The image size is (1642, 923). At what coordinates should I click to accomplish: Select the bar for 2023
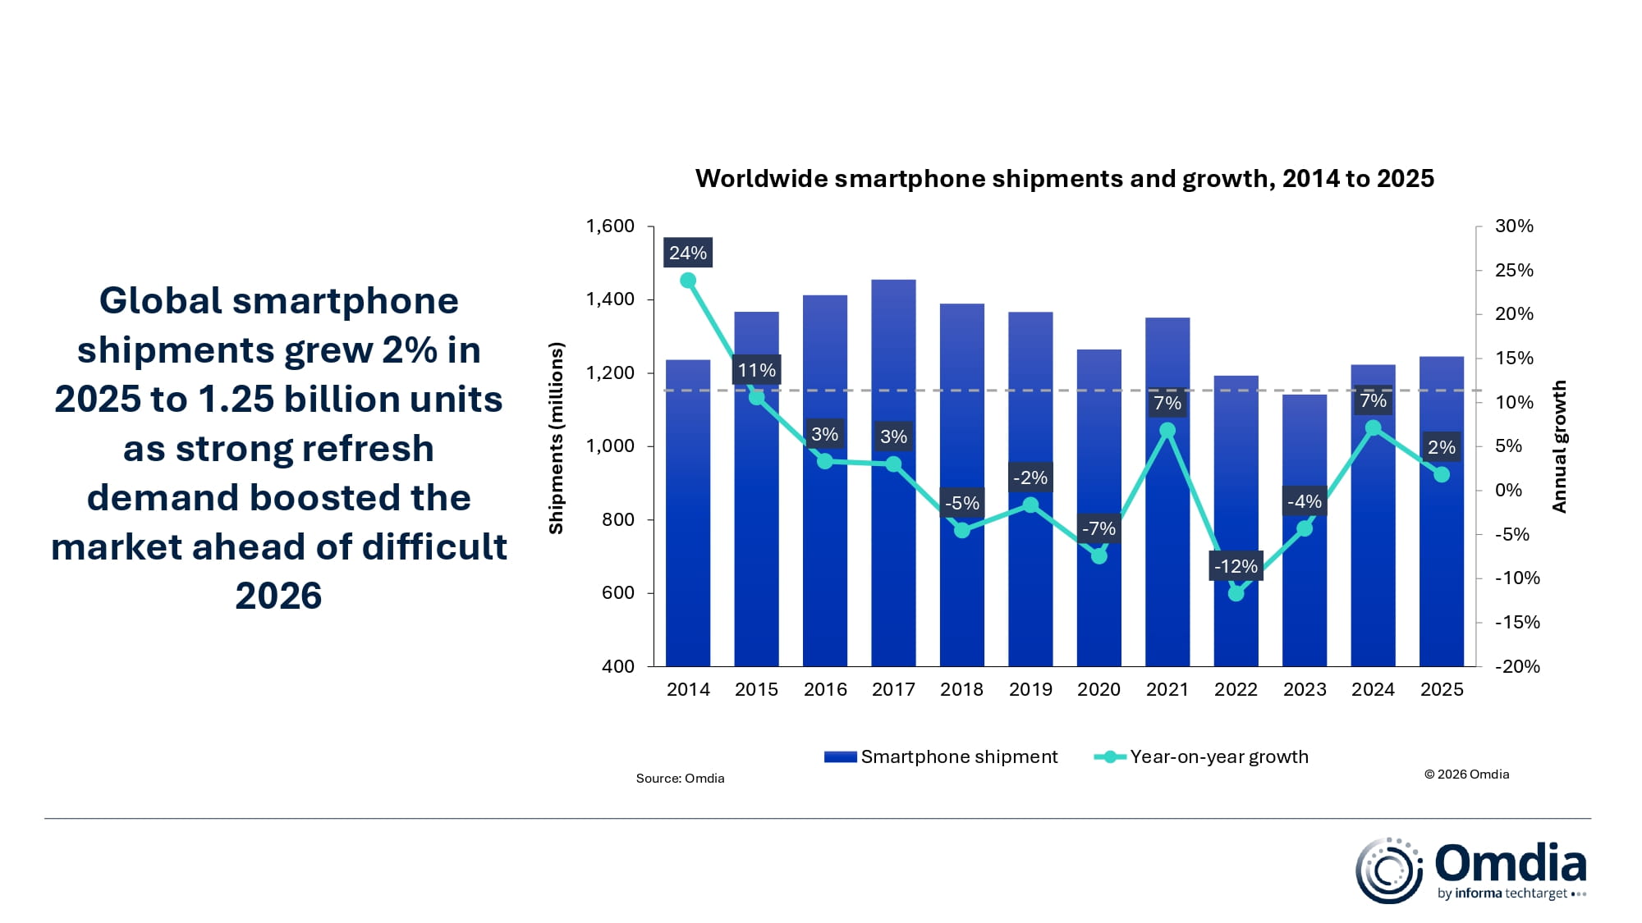click(x=1305, y=591)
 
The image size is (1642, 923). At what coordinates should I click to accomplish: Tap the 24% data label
click(x=688, y=253)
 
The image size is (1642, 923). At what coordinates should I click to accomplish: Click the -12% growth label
click(x=1236, y=566)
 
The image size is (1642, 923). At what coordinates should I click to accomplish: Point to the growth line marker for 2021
click(x=1167, y=431)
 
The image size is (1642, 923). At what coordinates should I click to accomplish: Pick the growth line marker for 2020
click(x=1099, y=556)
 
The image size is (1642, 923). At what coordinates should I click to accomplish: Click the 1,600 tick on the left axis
click(x=610, y=226)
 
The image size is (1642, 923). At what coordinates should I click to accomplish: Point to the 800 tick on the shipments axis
click(x=617, y=519)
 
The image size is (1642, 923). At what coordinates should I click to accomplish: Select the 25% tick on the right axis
click(x=1514, y=270)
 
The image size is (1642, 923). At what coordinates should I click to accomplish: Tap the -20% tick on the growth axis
click(x=1517, y=666)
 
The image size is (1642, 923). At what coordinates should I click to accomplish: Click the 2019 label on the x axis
click(x=1030, y=689)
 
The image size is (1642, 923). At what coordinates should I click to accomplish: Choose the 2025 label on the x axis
click(x=1442, y=689)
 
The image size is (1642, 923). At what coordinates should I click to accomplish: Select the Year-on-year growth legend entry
click(x=1202, y=756)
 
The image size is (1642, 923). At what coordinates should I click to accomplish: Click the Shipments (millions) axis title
click(x=557, y=438)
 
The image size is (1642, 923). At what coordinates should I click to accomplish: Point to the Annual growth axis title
click(x=1559, y=446)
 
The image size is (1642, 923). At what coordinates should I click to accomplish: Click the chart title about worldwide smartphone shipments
click(x=1064, y=179)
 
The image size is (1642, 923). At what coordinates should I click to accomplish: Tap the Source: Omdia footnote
click(x=680, y=778)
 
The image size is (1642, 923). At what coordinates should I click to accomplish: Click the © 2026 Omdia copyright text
click(x=1466, y=774)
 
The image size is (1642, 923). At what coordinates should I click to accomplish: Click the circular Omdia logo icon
click(x=1388, y=870)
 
